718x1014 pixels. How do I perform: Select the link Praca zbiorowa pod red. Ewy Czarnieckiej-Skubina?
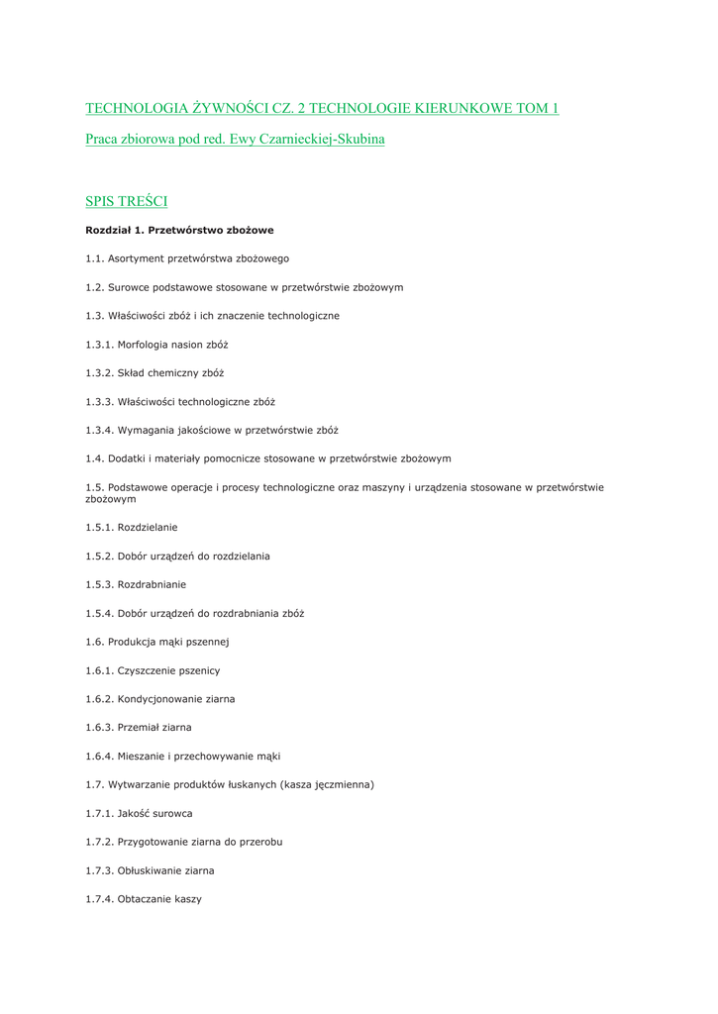coord(235,140)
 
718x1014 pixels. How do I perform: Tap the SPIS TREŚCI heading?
coord(126,202)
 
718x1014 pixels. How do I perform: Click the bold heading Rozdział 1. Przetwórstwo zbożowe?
coord(179,230)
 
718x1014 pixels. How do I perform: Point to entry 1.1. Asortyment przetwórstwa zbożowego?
coord(187,258)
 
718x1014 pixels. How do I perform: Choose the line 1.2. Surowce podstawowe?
coord(244,287)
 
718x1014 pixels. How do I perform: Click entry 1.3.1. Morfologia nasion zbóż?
coord(156,345)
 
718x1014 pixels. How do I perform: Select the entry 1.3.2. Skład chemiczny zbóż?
coord(154,373)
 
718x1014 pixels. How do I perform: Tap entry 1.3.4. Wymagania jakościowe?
coord(212,431)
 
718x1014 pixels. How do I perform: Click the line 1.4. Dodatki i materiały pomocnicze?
coord(268,458)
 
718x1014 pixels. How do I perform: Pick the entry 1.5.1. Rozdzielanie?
coord(132,528)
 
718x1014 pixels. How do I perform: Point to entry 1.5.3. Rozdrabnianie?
coord(136,585)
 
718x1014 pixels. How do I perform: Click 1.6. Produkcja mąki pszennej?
coord(157,642)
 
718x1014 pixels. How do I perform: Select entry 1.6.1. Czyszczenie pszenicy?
coord(153,670)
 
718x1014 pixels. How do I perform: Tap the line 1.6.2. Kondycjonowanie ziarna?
coord(160,699)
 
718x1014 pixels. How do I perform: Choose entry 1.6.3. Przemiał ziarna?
coord(139,728)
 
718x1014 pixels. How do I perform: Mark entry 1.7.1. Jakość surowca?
coord(139,814)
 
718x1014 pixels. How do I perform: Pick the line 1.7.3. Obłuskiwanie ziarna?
coord(150,871)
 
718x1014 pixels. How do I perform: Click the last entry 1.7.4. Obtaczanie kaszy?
coord(144,899)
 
